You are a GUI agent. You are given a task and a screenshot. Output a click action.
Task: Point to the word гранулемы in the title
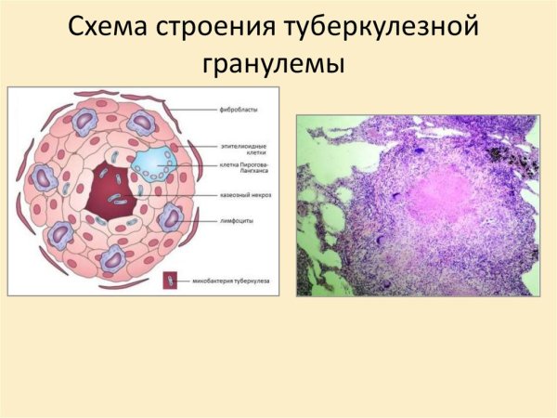[x=278, y=65]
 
